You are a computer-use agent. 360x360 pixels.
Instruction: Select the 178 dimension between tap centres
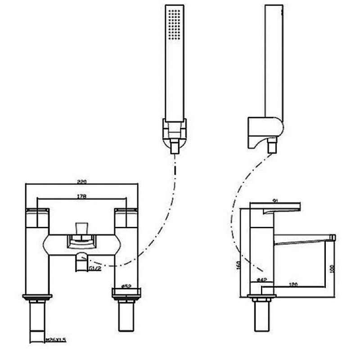(x=81, y=196)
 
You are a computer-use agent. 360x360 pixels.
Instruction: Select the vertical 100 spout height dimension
(x=332, y=268)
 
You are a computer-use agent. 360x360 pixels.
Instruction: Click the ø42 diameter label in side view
(x=262, y=280)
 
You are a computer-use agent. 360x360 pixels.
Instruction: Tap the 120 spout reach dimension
(x=294, y=285)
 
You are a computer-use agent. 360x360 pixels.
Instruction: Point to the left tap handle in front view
(x=38, y=218)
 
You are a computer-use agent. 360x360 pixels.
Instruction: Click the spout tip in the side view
(x=333, y=237)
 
